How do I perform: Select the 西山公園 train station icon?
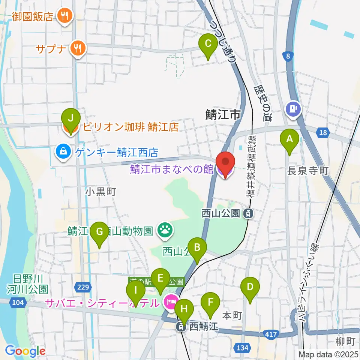248,214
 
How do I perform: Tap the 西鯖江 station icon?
181,327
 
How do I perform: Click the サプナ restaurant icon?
79,48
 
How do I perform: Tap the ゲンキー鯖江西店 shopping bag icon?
61,152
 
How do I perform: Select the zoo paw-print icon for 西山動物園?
165,230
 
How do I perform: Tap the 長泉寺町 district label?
307,171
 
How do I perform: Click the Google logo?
25,351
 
